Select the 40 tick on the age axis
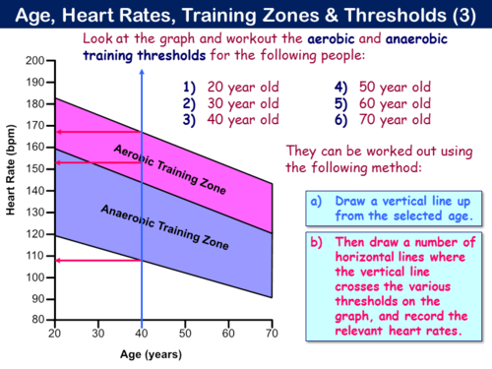click(x=144, y=334)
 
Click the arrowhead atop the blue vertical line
click(x=144, y=52)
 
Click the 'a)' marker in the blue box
click(x=314, y=201)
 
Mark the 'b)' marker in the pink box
click(x=314, y=243)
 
